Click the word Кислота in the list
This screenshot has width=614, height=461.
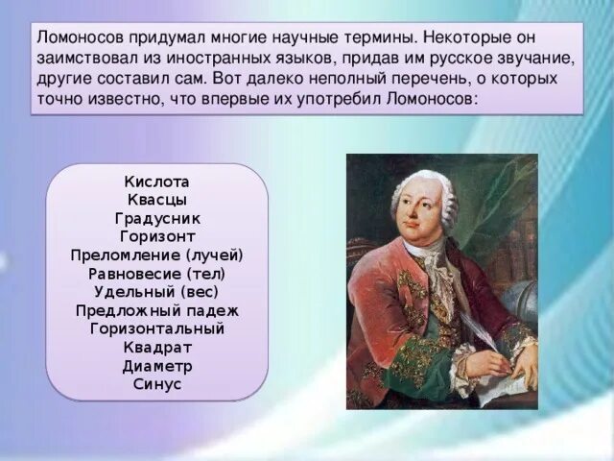(157, 182)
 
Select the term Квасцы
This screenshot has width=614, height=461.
(157, 200)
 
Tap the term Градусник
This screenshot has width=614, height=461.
(157, 218)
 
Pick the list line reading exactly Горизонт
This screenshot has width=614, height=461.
(157, 236)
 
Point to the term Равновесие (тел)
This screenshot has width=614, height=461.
(157, 273)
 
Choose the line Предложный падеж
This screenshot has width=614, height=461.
(157, 310)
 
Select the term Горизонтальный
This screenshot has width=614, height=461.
(157, 328)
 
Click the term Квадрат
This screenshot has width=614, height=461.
(157, 347)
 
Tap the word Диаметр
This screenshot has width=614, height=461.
(157, 365)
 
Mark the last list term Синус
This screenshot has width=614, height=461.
(157, 383)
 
